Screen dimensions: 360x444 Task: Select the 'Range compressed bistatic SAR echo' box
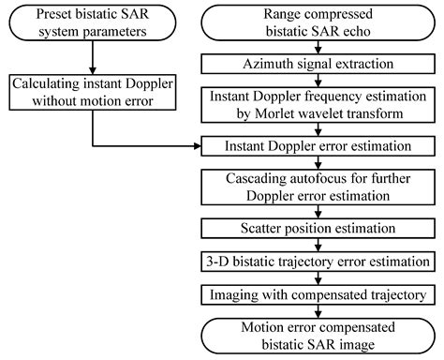[x=319, y=24]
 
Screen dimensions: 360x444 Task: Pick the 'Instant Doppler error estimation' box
[x=319, y=147]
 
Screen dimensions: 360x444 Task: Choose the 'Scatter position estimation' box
[x=319, y=227]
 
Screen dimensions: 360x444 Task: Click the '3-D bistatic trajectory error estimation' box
[x=319, y=261]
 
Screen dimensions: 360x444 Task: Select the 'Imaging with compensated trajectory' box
[x=319, y=294]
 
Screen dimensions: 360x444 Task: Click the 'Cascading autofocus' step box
[x=319, y=187]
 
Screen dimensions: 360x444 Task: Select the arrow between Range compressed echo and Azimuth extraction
[x=319, y=52]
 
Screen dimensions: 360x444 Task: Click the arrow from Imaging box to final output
[x=319, y=311]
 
